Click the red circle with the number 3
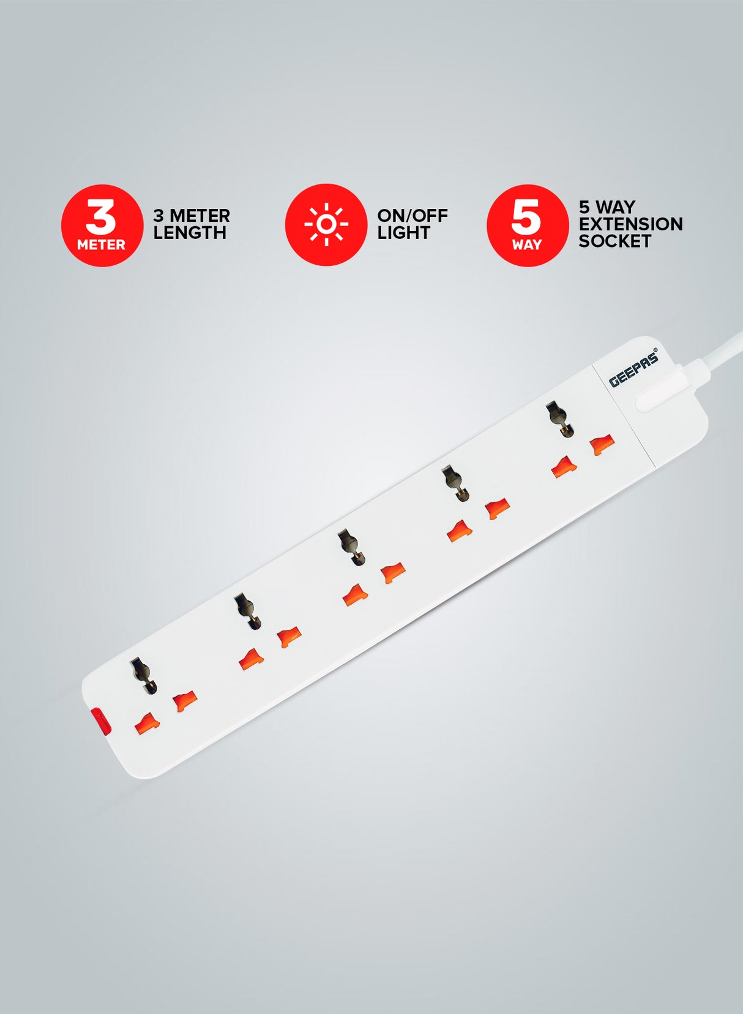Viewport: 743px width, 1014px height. (102, 225)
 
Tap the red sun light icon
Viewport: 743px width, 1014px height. (326, 225)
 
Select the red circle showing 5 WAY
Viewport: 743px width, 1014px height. (527, 225)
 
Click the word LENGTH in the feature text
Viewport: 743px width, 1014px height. (190, 233)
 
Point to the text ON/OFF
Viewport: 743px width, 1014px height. (412, 216)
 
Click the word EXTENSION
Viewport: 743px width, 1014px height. (630, 224)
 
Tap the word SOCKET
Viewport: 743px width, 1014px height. (614, 241)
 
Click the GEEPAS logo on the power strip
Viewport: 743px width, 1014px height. (633, 369)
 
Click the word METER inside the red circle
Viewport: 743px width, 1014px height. (101, 245)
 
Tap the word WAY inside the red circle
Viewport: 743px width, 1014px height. (526, 245)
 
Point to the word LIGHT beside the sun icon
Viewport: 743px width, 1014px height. (403, 233)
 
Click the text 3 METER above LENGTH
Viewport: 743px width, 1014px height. (191, 216)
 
